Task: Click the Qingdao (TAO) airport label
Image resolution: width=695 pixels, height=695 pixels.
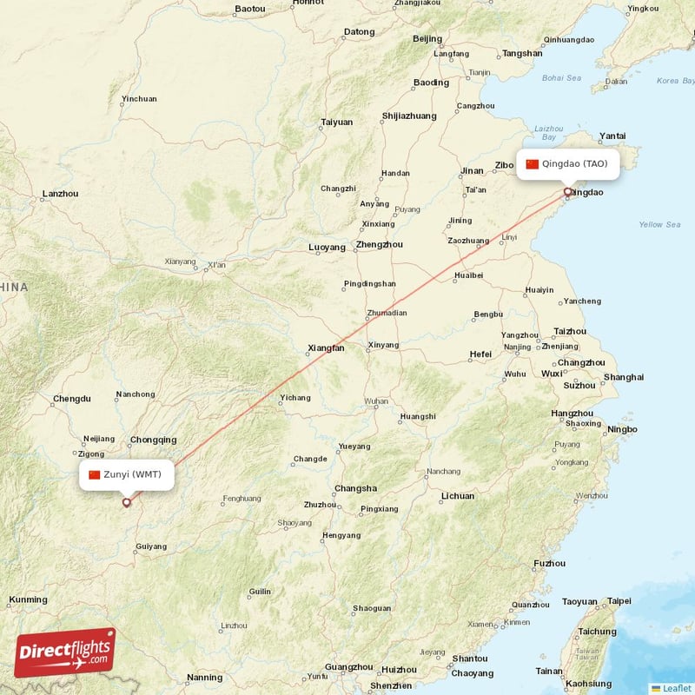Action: (568, 164)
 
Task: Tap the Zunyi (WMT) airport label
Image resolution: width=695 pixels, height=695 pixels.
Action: (127, 474)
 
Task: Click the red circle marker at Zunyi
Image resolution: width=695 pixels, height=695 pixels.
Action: (127, 502)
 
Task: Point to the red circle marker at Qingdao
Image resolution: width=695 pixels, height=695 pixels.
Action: (568, 192)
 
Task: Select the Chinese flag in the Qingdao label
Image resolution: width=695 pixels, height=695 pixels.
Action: (533, 164)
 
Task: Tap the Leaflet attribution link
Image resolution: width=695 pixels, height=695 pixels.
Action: (671, 688)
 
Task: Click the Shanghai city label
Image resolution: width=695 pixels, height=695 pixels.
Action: (624, 377)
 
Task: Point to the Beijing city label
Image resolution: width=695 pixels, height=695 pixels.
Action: (427, 38)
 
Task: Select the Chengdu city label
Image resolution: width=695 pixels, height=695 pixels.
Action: (71, 399)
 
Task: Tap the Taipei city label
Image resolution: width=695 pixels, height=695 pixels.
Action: (619, 600)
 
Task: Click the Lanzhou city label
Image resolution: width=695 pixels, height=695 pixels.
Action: (60, 194)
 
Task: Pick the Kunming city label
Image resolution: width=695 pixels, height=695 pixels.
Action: (28, 599)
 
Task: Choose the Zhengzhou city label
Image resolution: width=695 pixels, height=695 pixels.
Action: (380, 245)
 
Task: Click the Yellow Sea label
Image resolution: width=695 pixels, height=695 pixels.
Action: (660, 224)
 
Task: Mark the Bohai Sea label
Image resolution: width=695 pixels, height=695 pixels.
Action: (561, 77)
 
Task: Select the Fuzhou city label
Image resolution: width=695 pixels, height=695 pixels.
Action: (549, 564)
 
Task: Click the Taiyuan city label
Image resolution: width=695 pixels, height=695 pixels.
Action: (337, 122)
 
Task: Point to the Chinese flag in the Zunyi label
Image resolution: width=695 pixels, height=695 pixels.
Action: (95, 474)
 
